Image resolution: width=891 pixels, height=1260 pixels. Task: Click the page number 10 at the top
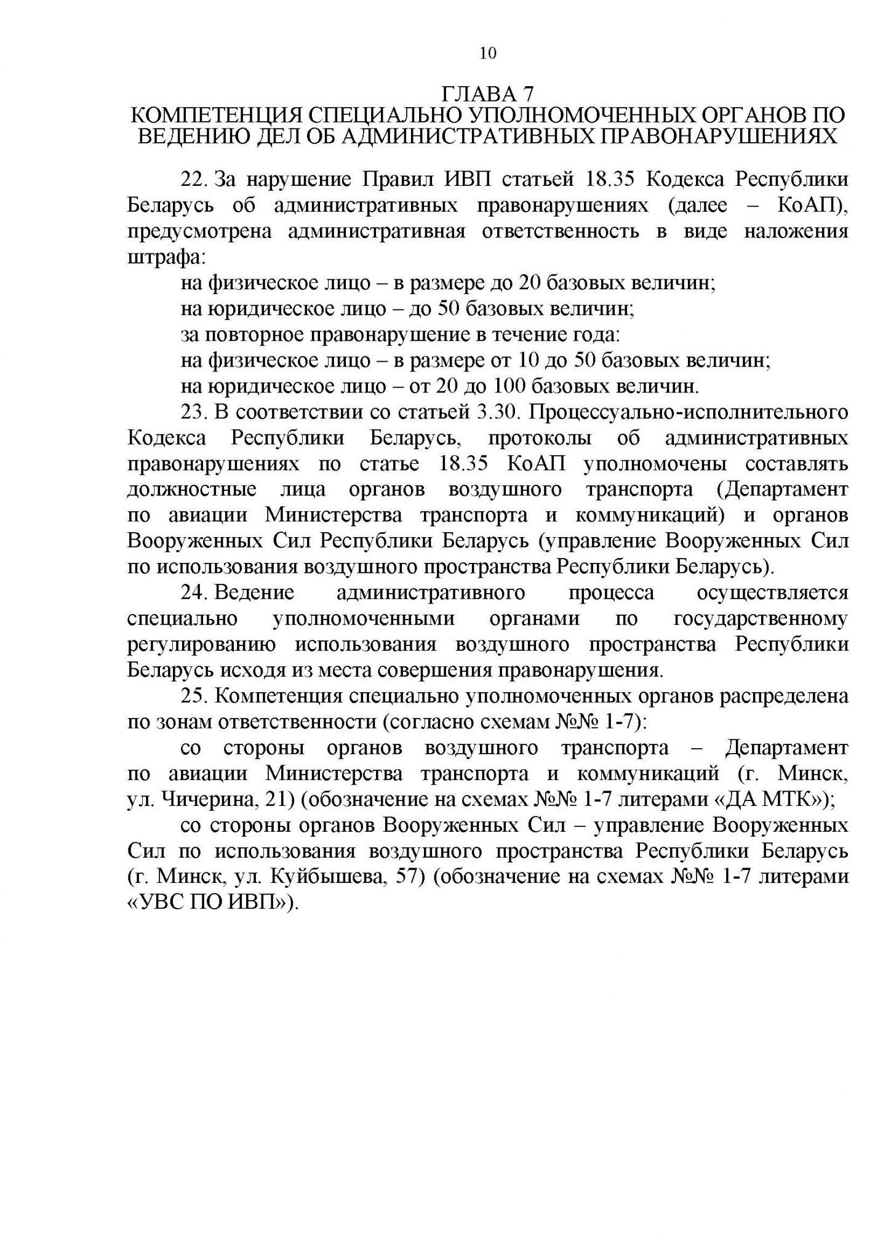pos(487,54)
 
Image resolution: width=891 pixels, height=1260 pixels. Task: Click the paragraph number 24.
pos(193,593)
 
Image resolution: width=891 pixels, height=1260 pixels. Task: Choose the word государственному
pos(761,619)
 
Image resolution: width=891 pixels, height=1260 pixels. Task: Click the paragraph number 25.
pos(193,696)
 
